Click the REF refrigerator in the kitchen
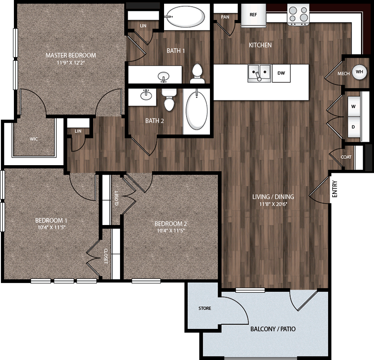254,15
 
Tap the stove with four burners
298,14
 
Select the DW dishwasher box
281,73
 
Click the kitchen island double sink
259,73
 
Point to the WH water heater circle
359,72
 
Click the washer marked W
353,107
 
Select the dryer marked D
353,127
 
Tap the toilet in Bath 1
197,74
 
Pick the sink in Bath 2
146,95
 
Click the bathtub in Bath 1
185,17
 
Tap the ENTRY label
335,189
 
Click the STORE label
205,308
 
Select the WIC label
34,139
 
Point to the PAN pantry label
225,17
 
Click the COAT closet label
346,157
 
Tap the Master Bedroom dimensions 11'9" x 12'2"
71,63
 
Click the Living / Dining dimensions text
273,204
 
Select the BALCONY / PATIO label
273,329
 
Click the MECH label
343,74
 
